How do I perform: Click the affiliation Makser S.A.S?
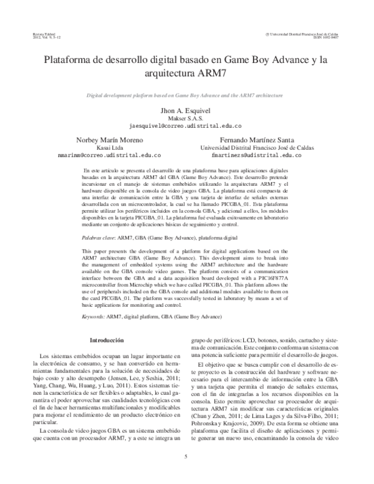(186, 117)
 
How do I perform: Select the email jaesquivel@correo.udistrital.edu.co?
(186, 125)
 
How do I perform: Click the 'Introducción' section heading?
(108, 341)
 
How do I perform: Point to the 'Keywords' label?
(94, 317)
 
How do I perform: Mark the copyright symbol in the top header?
(267, 32)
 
